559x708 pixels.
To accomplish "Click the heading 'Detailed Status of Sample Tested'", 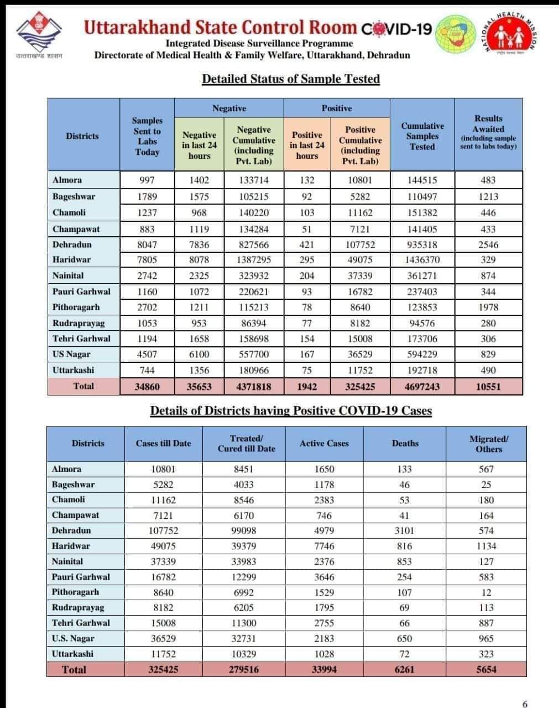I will coord(291,79).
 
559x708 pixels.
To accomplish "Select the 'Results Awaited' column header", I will coord(488,133).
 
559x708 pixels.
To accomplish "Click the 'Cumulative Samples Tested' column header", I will coord(422,136).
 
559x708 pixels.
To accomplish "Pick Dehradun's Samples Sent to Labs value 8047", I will coord(147,244).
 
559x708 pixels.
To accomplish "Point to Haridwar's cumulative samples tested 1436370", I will coord(422,259).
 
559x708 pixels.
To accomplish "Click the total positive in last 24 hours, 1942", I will coord(307,387).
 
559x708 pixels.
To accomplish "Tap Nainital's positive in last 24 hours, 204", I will coord(307,275).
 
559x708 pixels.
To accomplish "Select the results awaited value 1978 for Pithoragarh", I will coord(488,307).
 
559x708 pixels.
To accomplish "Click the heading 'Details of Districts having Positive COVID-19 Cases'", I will coord(291,410).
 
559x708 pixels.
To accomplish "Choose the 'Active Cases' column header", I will coord(324,444).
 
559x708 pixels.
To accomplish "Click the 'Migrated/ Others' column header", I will coord(489,444).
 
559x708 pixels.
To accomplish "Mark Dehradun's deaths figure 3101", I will coord(405,530).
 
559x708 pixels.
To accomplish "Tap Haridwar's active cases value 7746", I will coord(324,546).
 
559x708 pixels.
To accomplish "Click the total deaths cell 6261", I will coord(405,669).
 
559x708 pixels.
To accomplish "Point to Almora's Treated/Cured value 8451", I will coord(243,469).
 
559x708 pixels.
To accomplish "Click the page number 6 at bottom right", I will coord(525,704).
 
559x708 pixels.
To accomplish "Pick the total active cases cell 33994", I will coord(324,669).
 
